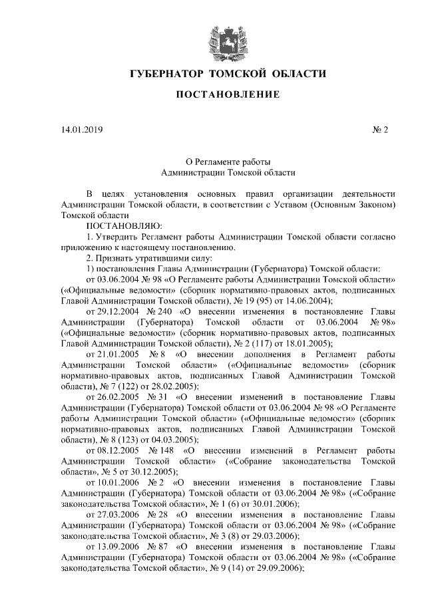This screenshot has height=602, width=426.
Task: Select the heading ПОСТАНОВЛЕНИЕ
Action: click(227, 95)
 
